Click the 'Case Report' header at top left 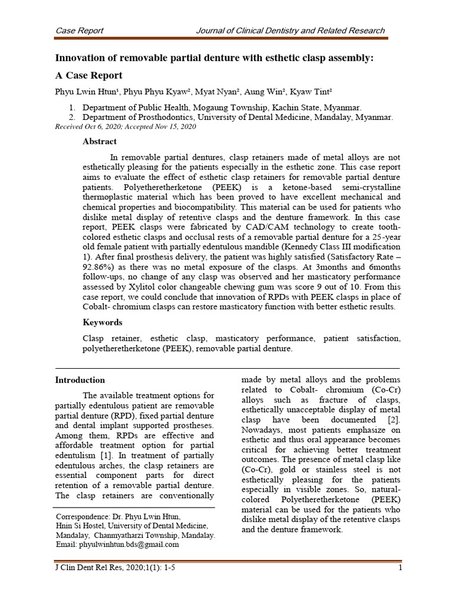point(79,31)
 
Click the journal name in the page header point(290,31)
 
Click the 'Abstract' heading point(99,141)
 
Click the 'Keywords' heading point(102,322)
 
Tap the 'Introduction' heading point(80,380)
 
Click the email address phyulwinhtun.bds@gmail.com point(117,544)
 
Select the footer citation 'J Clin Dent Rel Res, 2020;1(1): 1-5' point(115,568)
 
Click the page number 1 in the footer point(401,568)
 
